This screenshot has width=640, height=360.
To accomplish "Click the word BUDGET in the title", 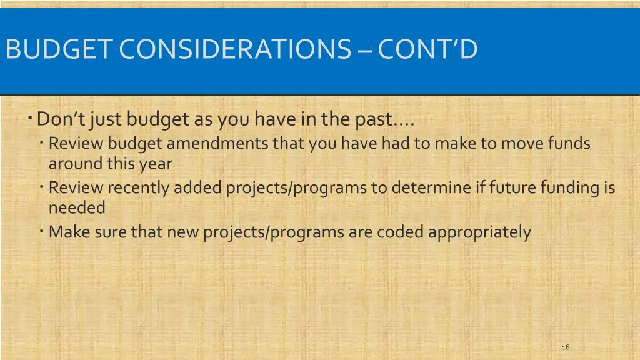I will pyautogui.click(x=59, y=49).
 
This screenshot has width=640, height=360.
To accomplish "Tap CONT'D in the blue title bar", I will pyautogui.click(x=427, y=49).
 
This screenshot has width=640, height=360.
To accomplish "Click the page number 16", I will pyautogui.click(x=566, y=347).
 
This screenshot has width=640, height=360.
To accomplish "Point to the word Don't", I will pyautogui.click(x=61, y=118).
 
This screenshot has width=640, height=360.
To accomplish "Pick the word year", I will pyautogui.click(x=157, y=164).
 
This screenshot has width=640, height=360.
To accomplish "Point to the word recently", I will pyautogui.click(x=138, y=187).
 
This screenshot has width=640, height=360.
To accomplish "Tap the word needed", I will pyautogui.click(x=77, y=207).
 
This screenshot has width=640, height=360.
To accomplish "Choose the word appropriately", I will pyautogui.click(x=480, y=232).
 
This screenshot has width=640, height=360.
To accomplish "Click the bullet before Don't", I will pyautogui.click(x=30, y=117).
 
